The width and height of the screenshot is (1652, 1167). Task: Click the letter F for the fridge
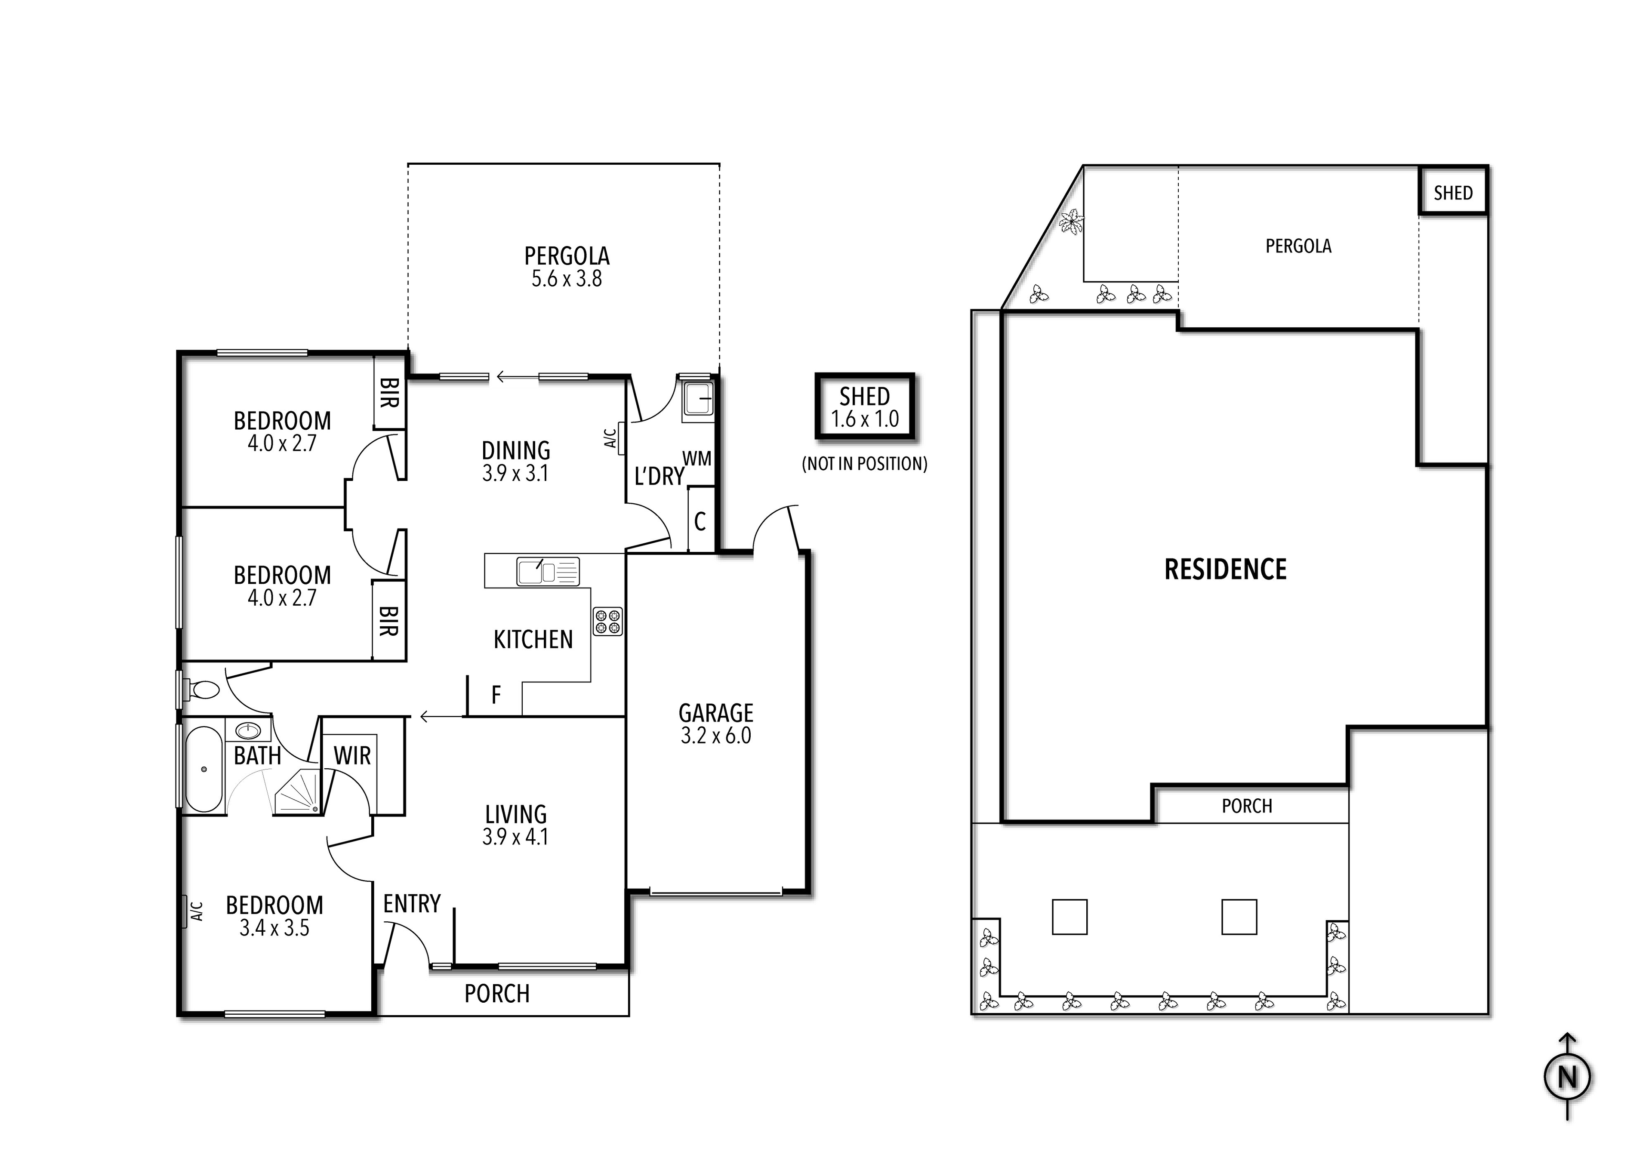click(x=496, y=695)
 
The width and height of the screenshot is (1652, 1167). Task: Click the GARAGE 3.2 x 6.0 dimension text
click(x=716, y=735)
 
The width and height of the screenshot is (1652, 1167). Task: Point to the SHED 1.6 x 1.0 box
click(x=864, y=407)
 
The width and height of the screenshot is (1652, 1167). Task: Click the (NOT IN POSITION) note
click(x=864, y=464)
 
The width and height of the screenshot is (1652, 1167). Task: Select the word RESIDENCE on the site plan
click(x=1225, y=569)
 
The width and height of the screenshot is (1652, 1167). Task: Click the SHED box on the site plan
click(x=1453, y=192)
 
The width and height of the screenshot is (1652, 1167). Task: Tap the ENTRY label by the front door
click(x=412, y=904)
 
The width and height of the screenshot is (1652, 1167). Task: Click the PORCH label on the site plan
click(x=1247, y=806)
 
